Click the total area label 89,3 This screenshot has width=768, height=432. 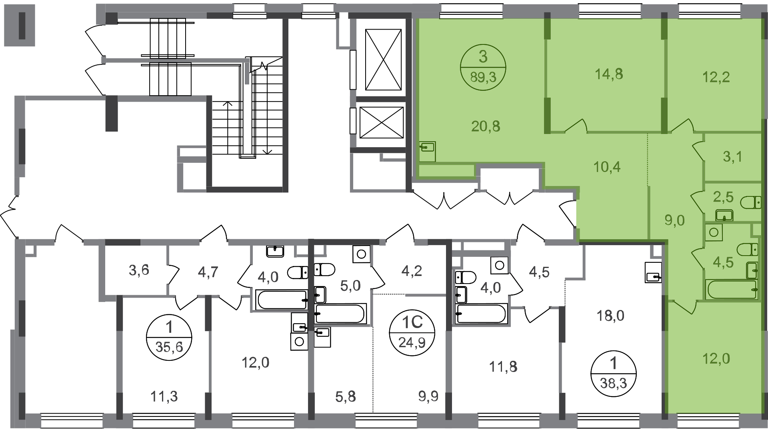483,77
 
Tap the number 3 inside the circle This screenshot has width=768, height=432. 483,57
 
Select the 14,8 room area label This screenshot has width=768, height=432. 609,74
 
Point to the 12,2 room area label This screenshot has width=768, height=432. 716,77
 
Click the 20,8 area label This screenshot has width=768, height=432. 486,126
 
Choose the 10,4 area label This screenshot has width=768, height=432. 607,166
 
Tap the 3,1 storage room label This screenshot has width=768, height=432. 732,156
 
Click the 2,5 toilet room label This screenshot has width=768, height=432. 723,196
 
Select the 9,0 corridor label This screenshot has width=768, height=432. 674,220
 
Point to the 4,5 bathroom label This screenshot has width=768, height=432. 723,262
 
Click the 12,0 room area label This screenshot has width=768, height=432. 716,358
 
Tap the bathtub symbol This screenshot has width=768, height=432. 732,290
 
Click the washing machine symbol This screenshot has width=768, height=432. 714,232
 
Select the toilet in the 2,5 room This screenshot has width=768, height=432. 751,203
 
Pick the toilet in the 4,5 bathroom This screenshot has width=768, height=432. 747,249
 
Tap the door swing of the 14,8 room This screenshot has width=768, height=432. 576,126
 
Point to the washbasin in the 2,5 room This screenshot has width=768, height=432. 724,216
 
